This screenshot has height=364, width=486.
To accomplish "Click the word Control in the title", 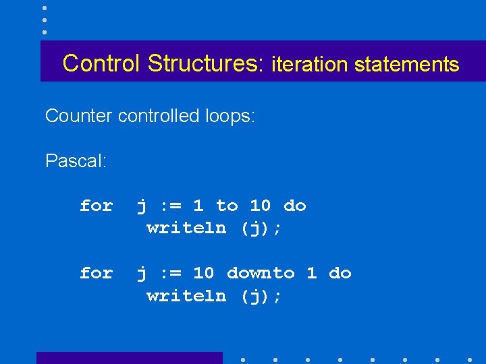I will click(102, 63).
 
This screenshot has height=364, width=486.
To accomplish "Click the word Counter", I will click(78, 116).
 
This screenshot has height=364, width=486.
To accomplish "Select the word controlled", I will click(159, 116).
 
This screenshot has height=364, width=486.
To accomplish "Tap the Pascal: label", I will click(76, 162).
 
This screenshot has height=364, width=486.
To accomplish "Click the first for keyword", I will click(96, 206).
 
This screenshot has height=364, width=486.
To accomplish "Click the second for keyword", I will click(96, 273).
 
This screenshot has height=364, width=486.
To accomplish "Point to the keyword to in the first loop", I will click(227, 206).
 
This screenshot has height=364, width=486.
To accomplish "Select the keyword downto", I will click(261, 273).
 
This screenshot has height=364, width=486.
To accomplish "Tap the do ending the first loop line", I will click(295, 206).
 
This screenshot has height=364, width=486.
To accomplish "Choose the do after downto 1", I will click(340, 273).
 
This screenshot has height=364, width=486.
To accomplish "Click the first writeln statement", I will click(186, 228).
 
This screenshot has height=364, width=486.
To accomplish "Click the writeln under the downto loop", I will click(186, 295).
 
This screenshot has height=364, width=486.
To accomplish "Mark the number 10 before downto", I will click(204, 273).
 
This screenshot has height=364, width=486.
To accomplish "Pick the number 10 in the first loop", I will click(261, 206).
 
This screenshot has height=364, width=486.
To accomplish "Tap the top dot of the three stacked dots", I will click(44, 8).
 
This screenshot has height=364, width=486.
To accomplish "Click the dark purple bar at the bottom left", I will click(129, 358).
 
